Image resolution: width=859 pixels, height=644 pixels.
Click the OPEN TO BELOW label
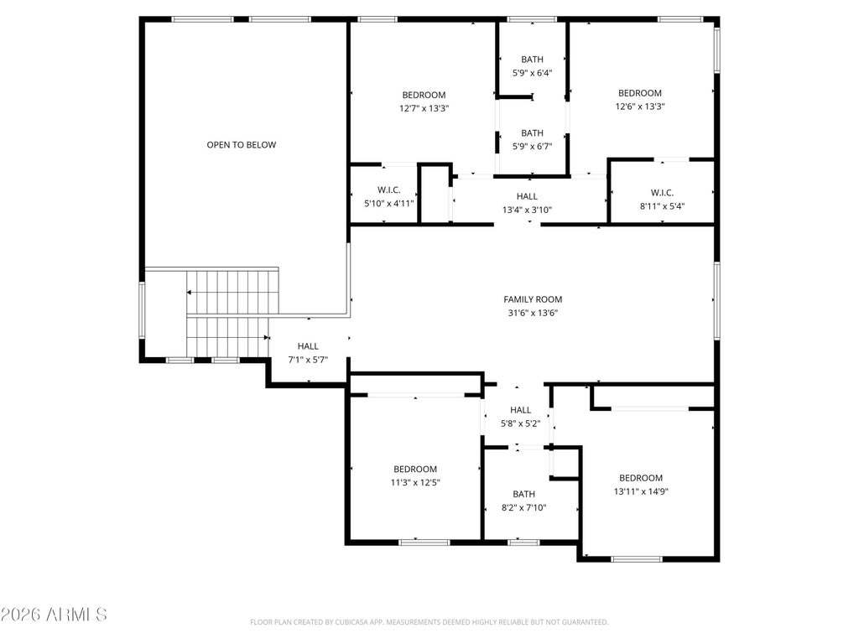click(x=241, y=145)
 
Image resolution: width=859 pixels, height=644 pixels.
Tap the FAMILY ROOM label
click(x=533, y=299)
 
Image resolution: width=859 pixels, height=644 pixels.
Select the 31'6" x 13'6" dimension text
click(x=533, y=314)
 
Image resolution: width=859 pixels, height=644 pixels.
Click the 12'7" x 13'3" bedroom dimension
click(x=424, y=108)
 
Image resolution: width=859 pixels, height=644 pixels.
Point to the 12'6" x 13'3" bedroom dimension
click(x=640, y=106)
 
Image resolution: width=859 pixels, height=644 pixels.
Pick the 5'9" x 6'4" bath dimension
click(x=532, y=73)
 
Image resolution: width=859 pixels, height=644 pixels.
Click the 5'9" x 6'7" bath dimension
click(x=532, y=146)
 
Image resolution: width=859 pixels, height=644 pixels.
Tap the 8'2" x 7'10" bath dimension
click(x=523, y=507)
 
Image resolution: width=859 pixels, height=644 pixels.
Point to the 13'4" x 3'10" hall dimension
click(x=527, y=210)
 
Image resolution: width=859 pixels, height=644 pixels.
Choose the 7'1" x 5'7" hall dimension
click(x=308, y=360)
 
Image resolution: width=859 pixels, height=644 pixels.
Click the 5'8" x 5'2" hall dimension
click(x=520, y=423)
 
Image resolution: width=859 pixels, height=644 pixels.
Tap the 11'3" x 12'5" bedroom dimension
click(x=415, y=482)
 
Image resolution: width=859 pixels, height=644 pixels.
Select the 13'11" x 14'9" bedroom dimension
click(x=641, y=491)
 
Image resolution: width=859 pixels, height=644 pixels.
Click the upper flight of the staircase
click(x=233, y=292)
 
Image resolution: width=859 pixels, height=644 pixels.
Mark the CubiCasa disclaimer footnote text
click(x=429, y=622)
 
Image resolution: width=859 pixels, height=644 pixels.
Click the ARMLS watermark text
click(x=54, y=615)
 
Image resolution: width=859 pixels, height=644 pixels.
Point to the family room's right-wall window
click(x=716, y=300)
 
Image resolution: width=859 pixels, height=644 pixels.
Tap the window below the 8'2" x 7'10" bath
click(x=523, y=543)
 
